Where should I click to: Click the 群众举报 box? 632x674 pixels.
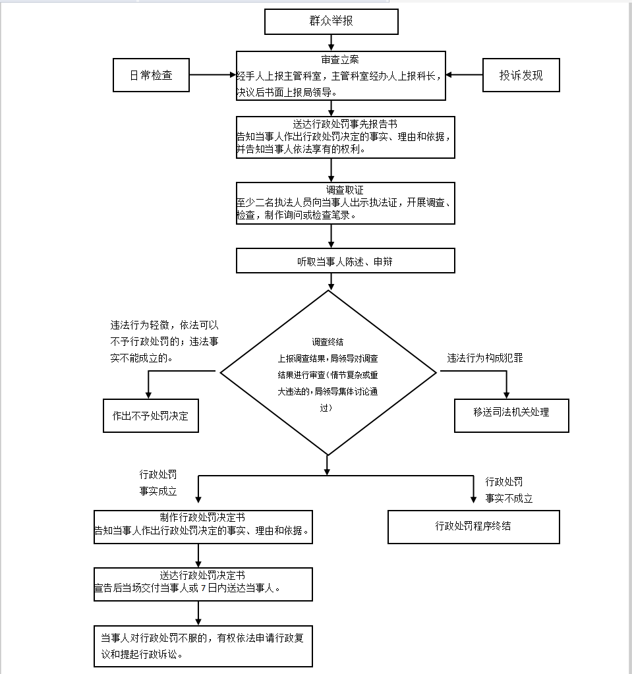(331, 22)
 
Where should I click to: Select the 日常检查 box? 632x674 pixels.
(151, 75)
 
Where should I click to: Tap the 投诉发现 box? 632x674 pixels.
(521, 75)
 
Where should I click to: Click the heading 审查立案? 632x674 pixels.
(339, 59)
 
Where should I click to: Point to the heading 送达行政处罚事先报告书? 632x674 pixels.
(345, 125)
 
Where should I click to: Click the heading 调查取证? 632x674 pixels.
(345, 190)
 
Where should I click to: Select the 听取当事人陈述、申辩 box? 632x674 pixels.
(345, 260)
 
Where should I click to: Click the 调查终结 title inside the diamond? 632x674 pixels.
(328, 342)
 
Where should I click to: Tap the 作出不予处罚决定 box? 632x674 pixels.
(151, 416)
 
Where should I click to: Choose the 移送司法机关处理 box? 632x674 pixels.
(511, 416)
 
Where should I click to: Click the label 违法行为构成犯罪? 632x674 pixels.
(485, 358)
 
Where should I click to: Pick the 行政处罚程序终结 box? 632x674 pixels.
(474, 527)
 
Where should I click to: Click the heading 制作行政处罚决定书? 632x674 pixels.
(202, 517)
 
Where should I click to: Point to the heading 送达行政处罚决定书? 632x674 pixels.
(202, 575)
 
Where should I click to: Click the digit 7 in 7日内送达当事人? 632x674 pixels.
(204, 588)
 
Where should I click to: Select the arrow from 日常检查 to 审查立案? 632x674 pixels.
(213, 75)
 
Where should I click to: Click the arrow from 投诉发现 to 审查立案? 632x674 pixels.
(464, 75)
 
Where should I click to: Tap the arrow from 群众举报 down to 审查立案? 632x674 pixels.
(331, 43)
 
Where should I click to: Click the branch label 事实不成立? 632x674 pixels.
(509, 498)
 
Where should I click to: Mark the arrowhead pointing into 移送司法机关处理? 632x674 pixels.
(507, 395)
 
